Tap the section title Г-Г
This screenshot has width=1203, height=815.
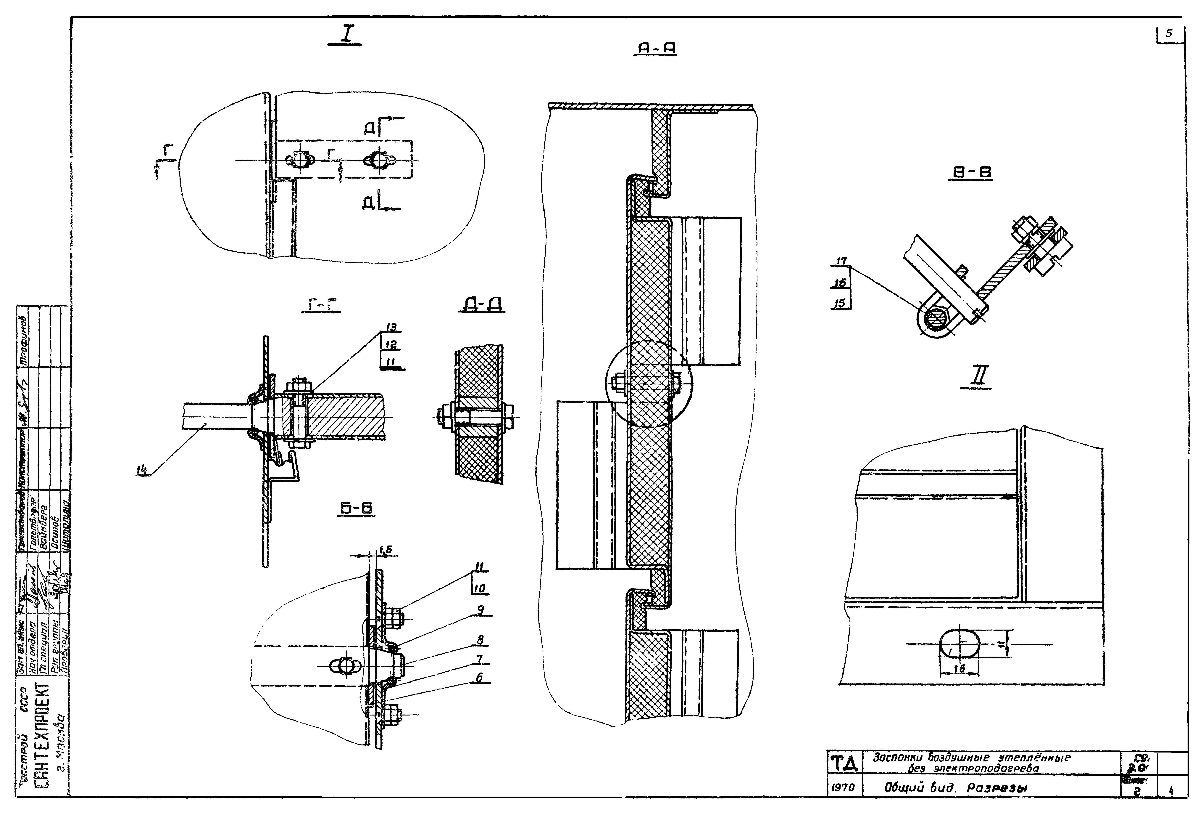[x=321, y=307]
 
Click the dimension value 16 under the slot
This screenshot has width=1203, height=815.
[x=959, y=669]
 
